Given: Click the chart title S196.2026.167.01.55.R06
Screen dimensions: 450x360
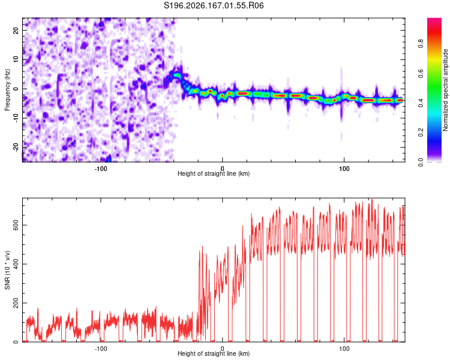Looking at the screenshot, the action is point(214,5).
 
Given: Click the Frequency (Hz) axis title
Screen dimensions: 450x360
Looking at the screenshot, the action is point(7,89).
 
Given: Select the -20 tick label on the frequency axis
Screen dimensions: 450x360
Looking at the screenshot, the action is point(16,147).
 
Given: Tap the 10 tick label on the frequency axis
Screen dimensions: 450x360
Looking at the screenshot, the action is point(16,59).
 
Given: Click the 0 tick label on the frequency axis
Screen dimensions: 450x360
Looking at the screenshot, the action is point(16,89).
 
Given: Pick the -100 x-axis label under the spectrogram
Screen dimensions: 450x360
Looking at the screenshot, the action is point(101,169).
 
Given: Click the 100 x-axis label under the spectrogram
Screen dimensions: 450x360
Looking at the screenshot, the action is point(344,169).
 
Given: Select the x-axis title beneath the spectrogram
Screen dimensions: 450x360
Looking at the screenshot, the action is point(214,173).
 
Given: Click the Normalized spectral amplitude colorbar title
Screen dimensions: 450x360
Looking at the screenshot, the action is point(445,90).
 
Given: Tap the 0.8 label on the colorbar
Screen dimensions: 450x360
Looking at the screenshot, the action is point(421,44).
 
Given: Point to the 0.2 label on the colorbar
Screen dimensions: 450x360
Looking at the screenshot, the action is point(421,133).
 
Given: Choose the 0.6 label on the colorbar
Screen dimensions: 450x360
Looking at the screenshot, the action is point(421,73).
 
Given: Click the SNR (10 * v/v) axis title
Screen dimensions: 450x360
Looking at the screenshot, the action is point(7,270).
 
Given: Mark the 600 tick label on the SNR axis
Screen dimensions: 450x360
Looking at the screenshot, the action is point(16,225).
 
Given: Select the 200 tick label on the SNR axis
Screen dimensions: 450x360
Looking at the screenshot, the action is point(16,303).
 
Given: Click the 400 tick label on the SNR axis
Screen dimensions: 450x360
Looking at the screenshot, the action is point(16,264).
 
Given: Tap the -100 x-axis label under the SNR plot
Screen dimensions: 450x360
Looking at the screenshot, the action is point(101,349).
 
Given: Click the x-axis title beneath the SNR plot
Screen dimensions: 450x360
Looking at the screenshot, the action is point(214,353).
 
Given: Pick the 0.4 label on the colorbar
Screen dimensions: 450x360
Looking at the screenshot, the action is point(421,103).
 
